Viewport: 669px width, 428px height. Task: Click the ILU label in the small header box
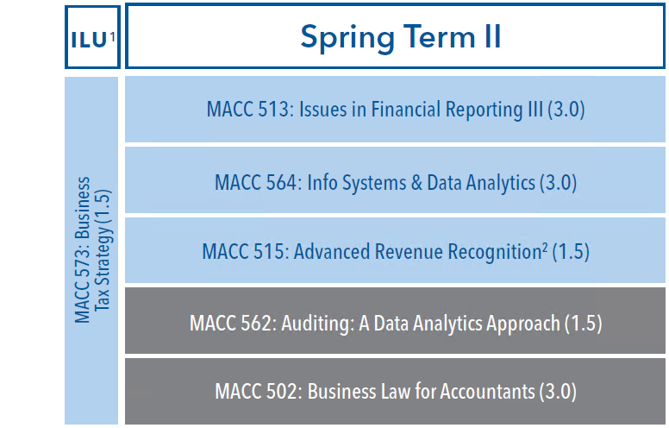point(89,40)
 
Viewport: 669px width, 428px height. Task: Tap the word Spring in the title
point(347,39)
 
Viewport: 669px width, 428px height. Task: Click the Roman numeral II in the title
point(492,36)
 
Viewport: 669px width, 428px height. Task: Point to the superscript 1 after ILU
point(112,37)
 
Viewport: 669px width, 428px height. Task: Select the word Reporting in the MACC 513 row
point(484,110)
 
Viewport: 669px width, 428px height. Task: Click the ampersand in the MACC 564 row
point(416,183)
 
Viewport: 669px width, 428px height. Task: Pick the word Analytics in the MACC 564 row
point(501,183)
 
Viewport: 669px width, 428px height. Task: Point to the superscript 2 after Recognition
point(545,247)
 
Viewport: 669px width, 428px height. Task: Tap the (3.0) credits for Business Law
point(558,392)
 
